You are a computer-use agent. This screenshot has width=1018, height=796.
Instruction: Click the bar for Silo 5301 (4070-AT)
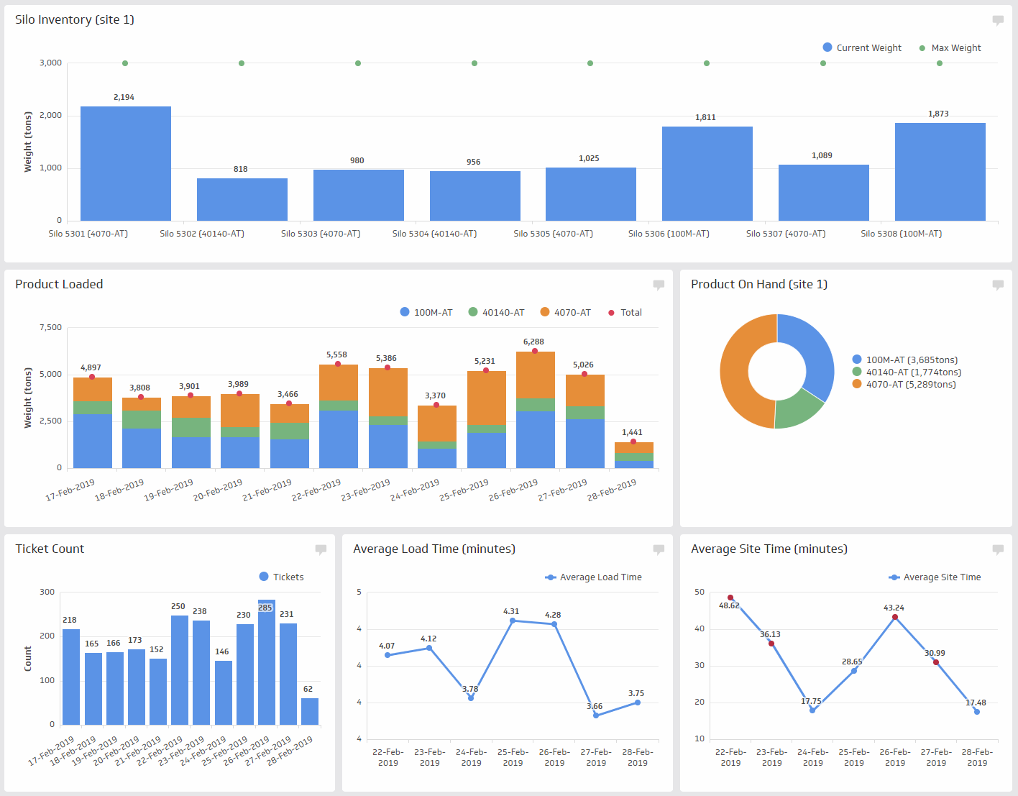click(x=126, y=163)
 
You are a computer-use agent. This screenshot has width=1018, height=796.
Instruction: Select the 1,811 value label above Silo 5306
click(x=705, y=117)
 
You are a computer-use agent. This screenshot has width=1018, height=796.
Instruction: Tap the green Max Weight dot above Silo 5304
click(x=474, y=63)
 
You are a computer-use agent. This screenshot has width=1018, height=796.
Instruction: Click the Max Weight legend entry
click(x=950, y=48)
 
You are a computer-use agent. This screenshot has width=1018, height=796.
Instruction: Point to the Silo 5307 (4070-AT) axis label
click(x=785, y=234)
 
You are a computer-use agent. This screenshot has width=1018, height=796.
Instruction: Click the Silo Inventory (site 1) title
click(x=75, y=19)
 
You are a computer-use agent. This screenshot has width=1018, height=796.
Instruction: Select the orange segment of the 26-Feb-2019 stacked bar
click(x=536, y=375)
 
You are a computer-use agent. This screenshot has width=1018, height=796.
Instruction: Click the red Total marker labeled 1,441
click(x=633, y=442)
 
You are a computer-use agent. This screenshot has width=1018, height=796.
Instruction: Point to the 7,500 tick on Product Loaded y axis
click(x=50, y=327)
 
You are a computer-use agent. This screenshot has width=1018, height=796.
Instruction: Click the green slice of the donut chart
click(x=800, y=408)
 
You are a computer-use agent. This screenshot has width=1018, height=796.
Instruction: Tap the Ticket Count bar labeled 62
click(x=310, y=711)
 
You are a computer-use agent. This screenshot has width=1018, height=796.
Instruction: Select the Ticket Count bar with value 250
click(x=179, y=669)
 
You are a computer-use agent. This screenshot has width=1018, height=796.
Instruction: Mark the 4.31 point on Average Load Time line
click(x=513, y=621)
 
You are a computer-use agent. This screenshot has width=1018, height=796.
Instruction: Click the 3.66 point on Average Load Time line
click(x=596, y=715)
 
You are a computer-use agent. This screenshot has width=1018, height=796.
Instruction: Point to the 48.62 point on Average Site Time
click(x=730, y=598)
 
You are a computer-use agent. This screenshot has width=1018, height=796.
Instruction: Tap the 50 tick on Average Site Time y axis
click(x=700, y=592)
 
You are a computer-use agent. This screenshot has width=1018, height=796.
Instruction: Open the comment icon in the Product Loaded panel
click(x=659, y=285)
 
